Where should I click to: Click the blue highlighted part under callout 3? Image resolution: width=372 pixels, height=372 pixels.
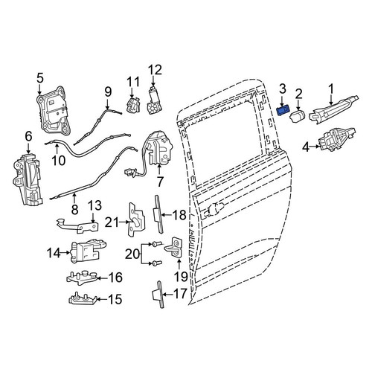(x=283, y=110)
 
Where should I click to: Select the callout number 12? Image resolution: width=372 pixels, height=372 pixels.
(x=155, y=70)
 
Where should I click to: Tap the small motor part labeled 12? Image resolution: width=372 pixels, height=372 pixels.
(x=155, y=103)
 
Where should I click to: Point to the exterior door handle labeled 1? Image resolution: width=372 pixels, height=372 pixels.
(x=334, y=109)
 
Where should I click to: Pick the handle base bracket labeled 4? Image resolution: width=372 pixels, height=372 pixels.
(x=337, y=139)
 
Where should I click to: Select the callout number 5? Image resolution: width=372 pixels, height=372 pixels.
(x=40, y=77)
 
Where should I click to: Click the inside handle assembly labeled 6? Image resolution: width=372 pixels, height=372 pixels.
(x=27, y=179)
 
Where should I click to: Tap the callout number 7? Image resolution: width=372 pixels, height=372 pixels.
(x=160, y=182)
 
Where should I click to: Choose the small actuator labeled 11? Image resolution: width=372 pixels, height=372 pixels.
(x=133, y=105)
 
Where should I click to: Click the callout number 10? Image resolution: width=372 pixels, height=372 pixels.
(x=59, y=161)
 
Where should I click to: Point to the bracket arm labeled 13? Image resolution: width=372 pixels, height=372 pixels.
(x=77, y=225)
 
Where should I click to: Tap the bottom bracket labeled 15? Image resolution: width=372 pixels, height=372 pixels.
(x=83, y=298)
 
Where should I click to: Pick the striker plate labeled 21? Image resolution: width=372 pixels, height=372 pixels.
(x=136, y=219)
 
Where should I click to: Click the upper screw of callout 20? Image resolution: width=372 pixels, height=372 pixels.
(x=156, y=245)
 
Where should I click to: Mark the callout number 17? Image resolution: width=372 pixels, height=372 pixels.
(x=180, y=294)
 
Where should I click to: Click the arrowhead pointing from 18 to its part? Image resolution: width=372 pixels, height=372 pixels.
(x=164, y=215)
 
